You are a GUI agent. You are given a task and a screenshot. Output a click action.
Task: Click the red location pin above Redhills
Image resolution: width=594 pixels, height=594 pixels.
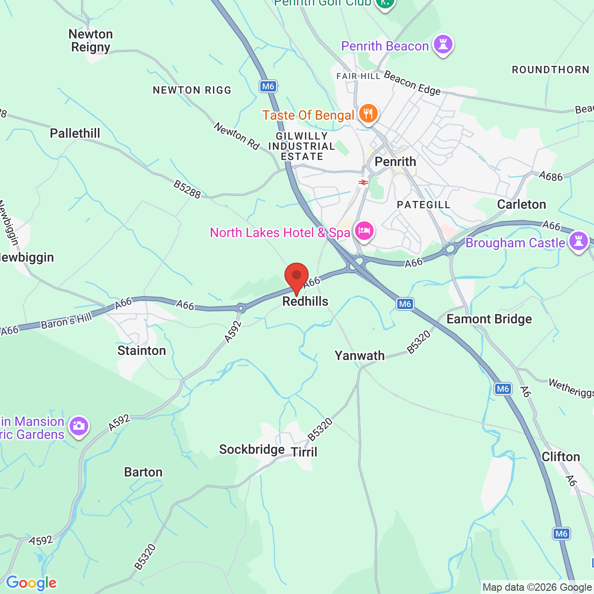(297, 277)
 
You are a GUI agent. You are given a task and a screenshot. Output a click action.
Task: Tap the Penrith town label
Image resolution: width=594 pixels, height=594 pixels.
(395, 161)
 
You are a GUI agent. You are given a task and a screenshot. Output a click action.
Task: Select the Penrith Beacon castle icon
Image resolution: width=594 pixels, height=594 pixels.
(443, 45)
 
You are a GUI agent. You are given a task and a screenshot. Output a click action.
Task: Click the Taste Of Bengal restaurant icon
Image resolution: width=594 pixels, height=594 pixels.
(368, 113)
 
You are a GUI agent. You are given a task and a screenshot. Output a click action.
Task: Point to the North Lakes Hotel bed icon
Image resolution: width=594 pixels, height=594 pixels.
(364, 231)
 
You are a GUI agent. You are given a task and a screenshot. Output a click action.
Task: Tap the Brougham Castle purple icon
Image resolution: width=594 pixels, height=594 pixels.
(578, 241)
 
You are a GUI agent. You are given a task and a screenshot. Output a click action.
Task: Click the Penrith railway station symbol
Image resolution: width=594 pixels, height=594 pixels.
(363, 182)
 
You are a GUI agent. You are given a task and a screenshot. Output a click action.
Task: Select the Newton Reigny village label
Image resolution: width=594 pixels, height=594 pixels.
(90, 41)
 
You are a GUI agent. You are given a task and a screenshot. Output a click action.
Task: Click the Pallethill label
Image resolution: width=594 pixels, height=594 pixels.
(75, 133)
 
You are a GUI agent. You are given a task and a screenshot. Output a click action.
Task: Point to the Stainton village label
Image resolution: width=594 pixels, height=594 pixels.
(142, 350)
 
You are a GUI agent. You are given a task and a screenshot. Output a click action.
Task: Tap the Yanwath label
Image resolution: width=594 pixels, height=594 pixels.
(360, 355)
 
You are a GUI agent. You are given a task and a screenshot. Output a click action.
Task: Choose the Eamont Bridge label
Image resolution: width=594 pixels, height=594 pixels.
(489, 319)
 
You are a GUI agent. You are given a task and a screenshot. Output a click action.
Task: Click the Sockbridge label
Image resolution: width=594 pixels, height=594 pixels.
(252, 449)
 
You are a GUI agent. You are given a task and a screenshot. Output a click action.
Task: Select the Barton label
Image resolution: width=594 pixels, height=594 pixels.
(143, 472)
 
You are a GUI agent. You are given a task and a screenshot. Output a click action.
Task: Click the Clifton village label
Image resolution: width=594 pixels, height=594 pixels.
(561, 457)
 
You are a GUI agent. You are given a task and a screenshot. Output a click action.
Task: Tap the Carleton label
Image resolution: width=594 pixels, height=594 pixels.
(522, 204)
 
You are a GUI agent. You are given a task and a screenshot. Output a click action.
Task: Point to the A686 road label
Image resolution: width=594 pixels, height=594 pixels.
(551, 176)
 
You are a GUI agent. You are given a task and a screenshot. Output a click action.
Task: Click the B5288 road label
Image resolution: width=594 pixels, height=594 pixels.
(187, 189)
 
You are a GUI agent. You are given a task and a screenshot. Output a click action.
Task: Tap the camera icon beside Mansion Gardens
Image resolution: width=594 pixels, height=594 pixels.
(78, 426)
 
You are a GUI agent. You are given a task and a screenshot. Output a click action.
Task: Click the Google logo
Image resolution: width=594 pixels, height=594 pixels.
(32, 583)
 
